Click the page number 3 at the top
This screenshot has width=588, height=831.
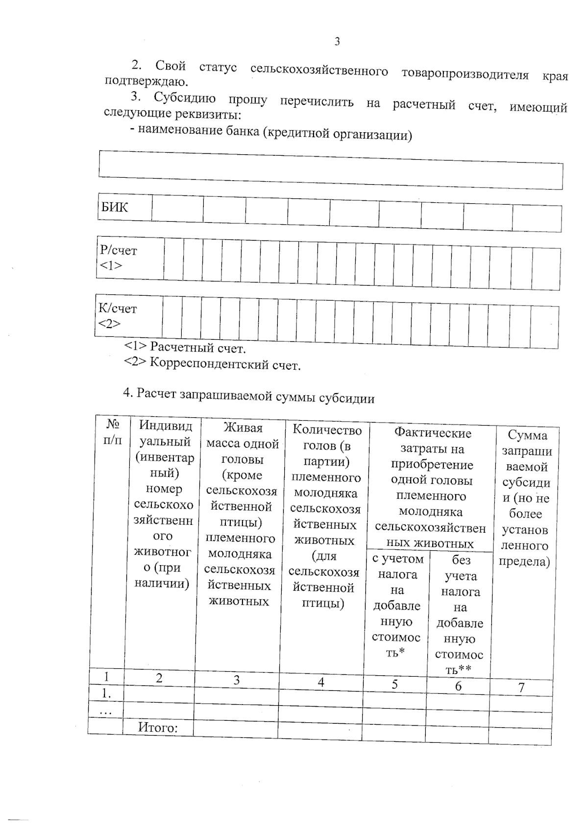(337, 42)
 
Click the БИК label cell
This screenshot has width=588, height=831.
(115, 208)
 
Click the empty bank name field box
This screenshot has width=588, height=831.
(330, 170)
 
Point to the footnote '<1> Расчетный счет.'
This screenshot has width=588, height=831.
(185, 348)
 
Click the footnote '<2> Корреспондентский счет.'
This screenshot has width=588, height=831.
(212, 364)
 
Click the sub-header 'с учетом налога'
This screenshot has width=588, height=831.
(397, 605)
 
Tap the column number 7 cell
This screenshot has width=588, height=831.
(521, 687)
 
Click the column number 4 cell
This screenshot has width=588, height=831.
(321, 682)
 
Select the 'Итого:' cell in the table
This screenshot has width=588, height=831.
(158, 727)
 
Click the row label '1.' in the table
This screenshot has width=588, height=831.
(106, 693)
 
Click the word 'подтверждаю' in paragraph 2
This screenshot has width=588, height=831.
(146, 81)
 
